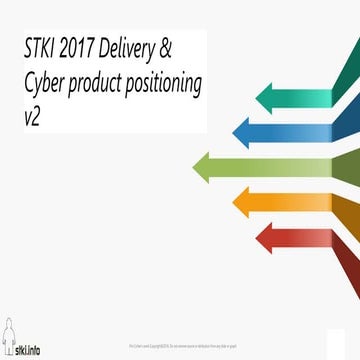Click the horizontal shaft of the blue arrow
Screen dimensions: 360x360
290,130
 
